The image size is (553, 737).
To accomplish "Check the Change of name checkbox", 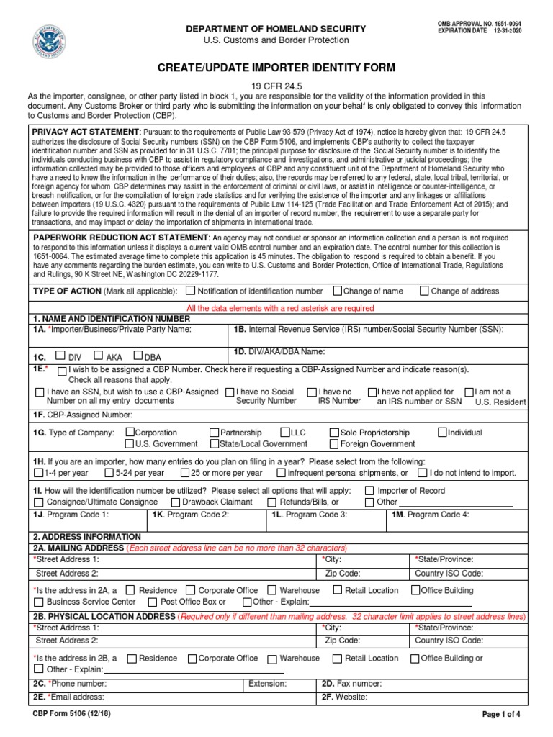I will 337,291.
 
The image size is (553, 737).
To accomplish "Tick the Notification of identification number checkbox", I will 190,291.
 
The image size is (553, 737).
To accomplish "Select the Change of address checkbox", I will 424,291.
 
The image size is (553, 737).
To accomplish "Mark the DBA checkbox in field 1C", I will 139,356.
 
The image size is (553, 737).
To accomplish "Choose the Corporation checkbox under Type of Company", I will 130,433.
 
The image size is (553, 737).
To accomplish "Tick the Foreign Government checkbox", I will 334,444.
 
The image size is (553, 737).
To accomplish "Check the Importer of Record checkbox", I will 369,491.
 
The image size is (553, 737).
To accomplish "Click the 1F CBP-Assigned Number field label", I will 82,415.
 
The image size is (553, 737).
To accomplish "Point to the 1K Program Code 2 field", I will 191,515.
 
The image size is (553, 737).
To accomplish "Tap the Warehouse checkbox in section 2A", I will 272,590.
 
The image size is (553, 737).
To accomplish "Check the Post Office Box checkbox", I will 153,602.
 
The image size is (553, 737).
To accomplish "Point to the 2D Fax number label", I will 351,684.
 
